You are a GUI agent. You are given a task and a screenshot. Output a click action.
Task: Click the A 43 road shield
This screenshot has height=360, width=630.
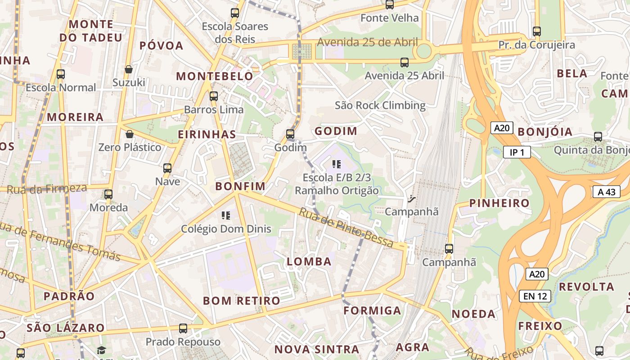point(606,192)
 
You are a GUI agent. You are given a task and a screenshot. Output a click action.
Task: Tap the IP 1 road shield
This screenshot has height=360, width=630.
point(517,153)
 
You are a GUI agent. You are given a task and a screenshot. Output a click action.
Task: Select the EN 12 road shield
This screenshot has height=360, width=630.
point(535,296)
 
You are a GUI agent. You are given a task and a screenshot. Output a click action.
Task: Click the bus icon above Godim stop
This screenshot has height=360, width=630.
point(290,134)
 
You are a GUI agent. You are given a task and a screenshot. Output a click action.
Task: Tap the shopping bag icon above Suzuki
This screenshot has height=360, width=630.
point(129,69)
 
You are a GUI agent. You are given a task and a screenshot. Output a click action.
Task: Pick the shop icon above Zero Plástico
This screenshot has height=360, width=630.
point(130,134)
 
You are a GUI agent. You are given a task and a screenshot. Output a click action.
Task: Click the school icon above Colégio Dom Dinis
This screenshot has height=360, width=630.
point(226,216)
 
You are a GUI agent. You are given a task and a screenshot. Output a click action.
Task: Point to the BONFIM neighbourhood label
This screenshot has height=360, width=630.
point(240,186)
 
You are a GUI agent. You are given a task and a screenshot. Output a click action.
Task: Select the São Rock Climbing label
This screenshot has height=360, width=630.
point(380,105)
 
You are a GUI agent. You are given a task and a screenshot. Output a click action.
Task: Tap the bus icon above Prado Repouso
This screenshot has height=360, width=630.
point(183,328)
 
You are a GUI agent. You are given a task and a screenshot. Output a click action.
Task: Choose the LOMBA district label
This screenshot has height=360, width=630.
point(309,261)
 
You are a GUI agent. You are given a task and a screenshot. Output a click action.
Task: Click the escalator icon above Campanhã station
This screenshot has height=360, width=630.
point(411,198)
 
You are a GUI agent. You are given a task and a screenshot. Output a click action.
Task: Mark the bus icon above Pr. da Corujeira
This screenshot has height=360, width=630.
point(536,31)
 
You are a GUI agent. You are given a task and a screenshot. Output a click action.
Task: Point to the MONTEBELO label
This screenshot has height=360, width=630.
point(215,76)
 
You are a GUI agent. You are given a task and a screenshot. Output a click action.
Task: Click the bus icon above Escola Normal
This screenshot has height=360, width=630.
point(60,74)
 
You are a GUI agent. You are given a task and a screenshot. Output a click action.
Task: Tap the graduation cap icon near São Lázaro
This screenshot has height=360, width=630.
point(101,350)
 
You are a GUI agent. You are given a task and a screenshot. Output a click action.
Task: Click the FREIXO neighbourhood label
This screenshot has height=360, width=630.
point(540,326)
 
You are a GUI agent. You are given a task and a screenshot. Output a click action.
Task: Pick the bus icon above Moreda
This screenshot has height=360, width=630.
point(108,194)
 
